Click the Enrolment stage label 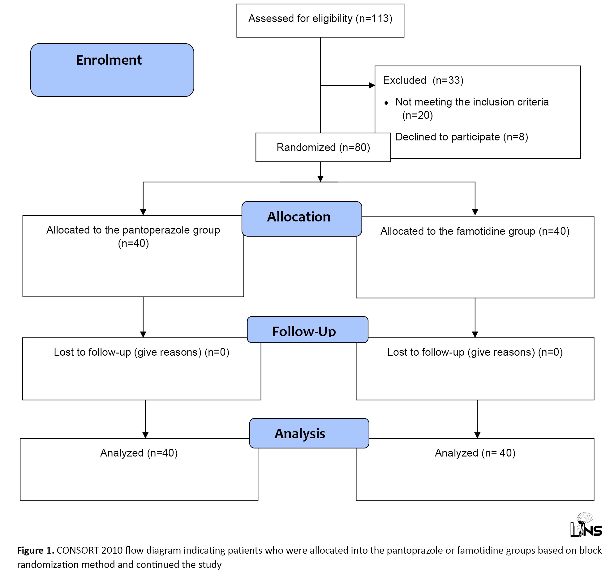click(x=109, y=60)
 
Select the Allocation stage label click(x=299, y=217)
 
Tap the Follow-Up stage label click(x=304, y=331)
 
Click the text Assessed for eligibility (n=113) click(x=320, y=19)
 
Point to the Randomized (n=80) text click(x=323, y=148)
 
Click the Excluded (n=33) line click(x=423, y=80)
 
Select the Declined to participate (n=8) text click(x=462, y=137)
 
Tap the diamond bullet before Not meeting click(x=386, y=103)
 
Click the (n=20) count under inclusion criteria click(x=417, y=115)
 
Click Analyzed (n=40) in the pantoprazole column click(x=139, y=453)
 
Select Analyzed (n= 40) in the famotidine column click(x=475, y=453)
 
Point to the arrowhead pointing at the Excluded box click(x=372, y=85)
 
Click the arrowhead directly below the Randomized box click(x=320, y=179)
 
